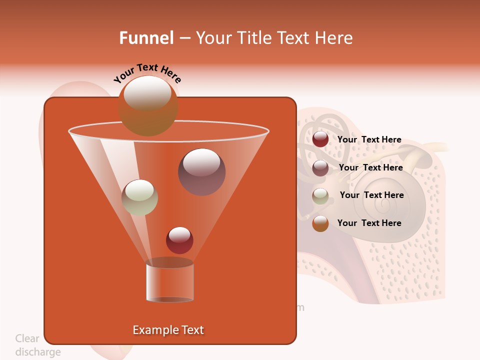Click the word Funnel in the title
click(146, 38)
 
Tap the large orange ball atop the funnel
click(147, 106)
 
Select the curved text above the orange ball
click(147, 73)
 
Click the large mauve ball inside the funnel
click(201, 172)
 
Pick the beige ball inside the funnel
click(139, 197)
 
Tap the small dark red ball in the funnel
click(179, 240)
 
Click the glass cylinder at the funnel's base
click(169, 282)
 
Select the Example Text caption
click(168, 330)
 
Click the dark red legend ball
click(320, 139)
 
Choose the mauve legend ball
click(320, 167)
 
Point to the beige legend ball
click(320, 195)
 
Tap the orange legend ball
click(320, 223)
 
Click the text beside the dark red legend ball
click(369, 139)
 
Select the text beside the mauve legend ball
click(370, 167)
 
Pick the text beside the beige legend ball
click(371, 195)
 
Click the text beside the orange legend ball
click(369, 223)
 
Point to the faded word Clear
click(27, 338)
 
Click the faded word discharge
click(38, 352)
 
